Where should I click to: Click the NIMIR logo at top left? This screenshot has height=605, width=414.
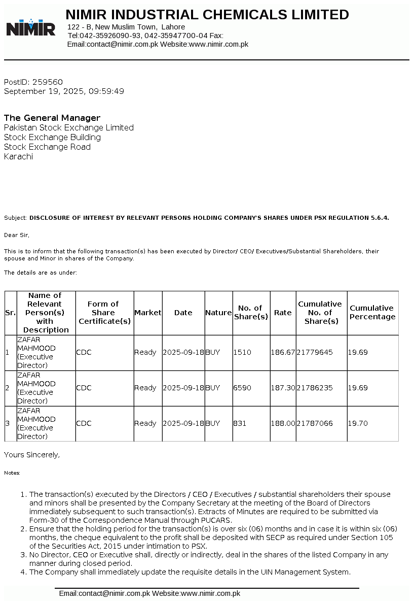[x=31, y=27]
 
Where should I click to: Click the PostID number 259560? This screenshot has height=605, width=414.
[x=48, y=82]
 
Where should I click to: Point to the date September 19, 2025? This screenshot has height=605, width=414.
[x=44, y=91]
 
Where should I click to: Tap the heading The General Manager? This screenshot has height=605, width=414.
[x=52, y=118]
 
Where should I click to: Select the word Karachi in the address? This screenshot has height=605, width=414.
[x=19, y=156]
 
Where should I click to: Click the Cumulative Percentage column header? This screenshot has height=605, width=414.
[x=372, y=313]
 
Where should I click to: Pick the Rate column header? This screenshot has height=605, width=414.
[x=283, y=313]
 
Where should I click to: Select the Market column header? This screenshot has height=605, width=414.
[x=147, y=313]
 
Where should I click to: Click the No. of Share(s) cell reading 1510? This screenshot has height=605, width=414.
[x=242, y=352]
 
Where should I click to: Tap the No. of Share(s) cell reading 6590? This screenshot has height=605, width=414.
[x=242, y=388]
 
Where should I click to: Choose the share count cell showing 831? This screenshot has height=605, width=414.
[x=240, y=423]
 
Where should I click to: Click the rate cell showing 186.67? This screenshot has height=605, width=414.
[x=283, y=352]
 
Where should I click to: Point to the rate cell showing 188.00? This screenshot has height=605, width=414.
[x=283, y=423]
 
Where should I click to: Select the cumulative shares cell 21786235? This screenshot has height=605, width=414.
[x=315, y=388]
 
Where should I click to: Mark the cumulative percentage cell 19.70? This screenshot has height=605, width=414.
[x=358, y=423]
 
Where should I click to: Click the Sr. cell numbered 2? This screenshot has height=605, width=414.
[x=7, y=388]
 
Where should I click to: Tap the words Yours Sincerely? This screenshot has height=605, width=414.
[x=31, y=455]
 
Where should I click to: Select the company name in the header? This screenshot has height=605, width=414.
[x=207, y=15]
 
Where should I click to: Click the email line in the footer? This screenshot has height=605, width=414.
[x=149, y=593]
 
